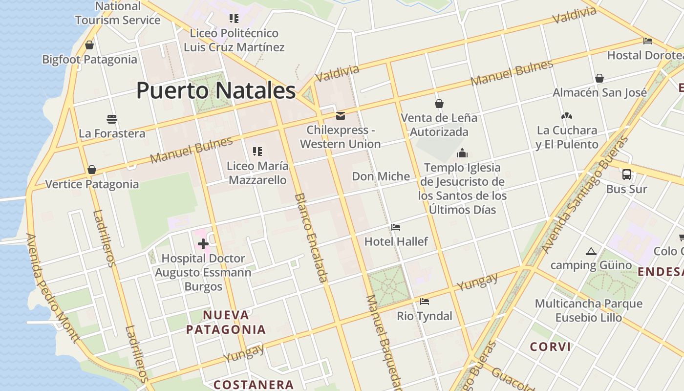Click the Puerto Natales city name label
[216, 90]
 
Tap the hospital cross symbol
[203, 243]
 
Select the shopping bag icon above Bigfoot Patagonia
[89, 45]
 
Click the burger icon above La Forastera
[112, 119]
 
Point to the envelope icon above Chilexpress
[341, 116]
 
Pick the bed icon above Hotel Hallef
[396, 227]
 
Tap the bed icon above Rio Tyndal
[425, 302]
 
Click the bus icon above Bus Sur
[626, 174]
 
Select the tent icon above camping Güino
[591, 252]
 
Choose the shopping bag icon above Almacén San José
[599, 78]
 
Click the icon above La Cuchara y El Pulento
[567, 116]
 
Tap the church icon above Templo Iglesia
[462, 153]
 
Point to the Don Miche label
[381, 176]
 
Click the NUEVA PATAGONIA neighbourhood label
[226, 322]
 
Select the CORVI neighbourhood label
[551, 347]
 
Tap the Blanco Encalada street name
[311, 238]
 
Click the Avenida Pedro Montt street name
[52, 288]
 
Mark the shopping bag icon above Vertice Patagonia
[92, 170]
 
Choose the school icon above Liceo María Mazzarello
[257, 152]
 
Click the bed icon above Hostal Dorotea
[648, 41]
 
